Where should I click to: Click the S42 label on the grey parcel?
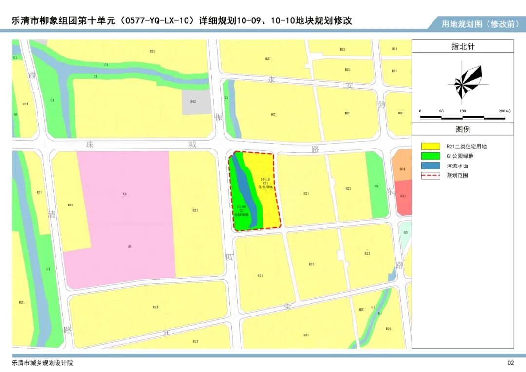click(x=193, y=101)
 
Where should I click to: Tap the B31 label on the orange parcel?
click(x=403, y=169)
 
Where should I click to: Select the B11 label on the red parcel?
click(x=403, y=196)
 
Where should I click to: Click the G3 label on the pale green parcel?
click(x=405, y=232)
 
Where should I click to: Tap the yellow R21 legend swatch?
click(x=431, y=146)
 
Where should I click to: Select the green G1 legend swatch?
click(x=431, y=156)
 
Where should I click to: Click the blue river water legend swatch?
click(x=431, y=166)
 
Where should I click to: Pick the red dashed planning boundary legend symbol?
click(x=431, y=175)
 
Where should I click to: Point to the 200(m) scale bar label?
click(x=505, y=111)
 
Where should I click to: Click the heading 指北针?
click(x=463, y=47)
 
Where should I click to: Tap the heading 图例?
click(x=463, y=130)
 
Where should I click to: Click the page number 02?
click(x=510, y=363)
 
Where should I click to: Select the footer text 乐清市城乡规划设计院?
click(x=43, y=363)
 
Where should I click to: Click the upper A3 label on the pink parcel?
click(x=125, y=194)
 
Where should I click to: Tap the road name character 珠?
click(x=89, y=144)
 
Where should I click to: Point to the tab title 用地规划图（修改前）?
click(x=480, y=24)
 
